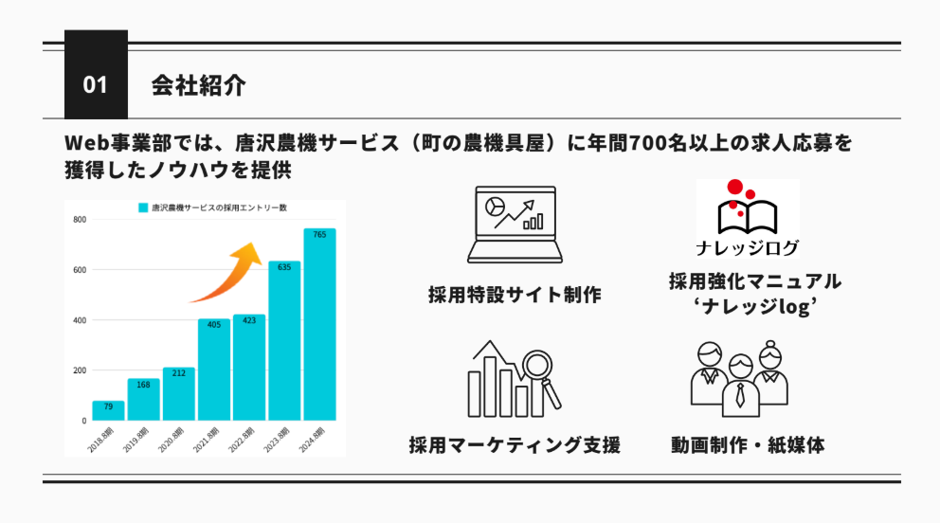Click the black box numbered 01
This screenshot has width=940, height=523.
point(96,74)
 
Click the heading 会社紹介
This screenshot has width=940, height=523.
point(198,85)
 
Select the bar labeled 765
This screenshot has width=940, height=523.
point(319,324)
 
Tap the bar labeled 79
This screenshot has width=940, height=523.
point(109,410)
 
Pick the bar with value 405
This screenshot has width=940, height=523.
point(214,370)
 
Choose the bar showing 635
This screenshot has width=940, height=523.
point(284,341)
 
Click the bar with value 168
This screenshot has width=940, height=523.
point(143,400)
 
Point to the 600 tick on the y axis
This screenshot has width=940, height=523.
point(80,270)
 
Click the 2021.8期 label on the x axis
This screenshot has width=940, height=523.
point(207,440)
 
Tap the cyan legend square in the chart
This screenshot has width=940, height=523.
point(143,207)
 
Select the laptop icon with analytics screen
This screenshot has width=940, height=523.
point(515,225)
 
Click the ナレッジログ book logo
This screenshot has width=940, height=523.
point(748,219)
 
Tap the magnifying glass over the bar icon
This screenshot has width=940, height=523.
point(540,376)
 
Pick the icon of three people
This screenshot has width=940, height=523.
point(740,379)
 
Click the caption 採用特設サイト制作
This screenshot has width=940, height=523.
point(515,295)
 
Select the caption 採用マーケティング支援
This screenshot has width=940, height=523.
point(515,445)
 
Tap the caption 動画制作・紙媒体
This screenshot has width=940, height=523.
point(748,445)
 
